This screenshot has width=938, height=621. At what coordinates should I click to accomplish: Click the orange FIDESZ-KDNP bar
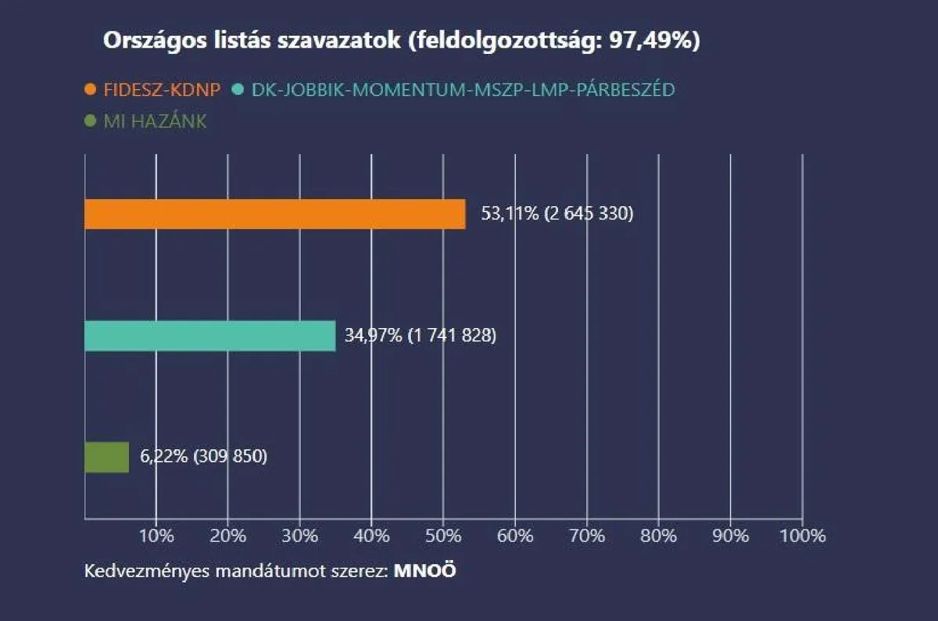point(274,214)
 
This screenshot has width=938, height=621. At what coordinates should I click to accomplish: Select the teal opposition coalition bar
point(209,336)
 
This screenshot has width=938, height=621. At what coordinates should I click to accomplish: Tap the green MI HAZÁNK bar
point(106,457)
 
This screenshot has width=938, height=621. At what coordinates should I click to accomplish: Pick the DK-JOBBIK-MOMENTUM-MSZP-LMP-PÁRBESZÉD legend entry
point(464,90)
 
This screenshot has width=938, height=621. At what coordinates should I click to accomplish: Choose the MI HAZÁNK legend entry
point(156,122)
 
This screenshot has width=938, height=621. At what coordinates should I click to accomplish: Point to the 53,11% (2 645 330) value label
point(557,213)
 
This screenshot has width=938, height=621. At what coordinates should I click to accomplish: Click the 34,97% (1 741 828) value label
point(421,336)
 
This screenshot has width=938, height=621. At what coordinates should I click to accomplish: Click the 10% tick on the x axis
point(156,536)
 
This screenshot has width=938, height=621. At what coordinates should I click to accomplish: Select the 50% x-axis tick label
point(443,536)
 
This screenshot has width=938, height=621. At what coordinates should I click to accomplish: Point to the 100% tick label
point(802,536)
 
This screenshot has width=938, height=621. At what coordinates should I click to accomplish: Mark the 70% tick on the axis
point(587,536)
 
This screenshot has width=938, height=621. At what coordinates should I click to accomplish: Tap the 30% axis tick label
point(299,536)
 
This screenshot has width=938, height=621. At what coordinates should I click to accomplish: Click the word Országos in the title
point(145,42)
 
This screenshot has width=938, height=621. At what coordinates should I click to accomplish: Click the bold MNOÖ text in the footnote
point(425,570)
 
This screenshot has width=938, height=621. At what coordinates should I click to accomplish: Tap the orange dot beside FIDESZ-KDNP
point(91,90)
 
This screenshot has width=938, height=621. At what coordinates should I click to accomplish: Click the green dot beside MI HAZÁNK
point(91,122)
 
